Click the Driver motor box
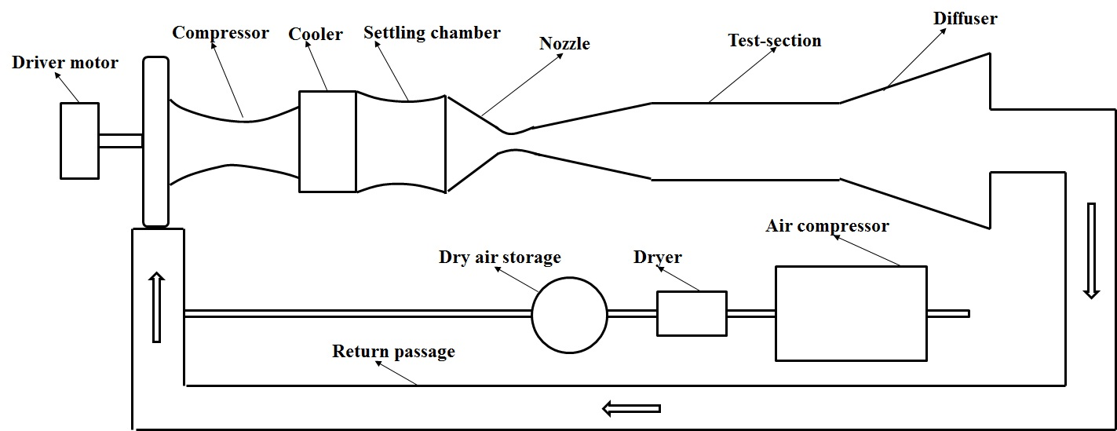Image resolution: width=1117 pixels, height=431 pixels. (79, 140)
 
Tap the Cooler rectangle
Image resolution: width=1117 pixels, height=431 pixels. (327, 141)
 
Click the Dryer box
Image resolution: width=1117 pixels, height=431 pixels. (691, 313)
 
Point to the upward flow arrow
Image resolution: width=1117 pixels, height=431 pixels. (156, 307)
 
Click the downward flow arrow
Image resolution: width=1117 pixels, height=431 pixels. (1091, 250)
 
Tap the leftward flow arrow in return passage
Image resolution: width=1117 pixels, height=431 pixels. (631, 408)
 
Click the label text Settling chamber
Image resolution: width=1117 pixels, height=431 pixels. (432, 33)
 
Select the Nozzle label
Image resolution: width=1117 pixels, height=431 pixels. (564, 43)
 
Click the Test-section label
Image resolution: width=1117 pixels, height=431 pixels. (774, 40)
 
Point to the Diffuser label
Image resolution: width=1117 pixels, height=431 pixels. (965, 18)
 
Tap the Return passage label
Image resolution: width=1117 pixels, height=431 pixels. (393, 351)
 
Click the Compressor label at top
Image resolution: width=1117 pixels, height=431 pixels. (221, 33)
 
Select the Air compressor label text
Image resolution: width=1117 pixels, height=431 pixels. (827, 226)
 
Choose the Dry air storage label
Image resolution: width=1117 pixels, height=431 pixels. (500, 258)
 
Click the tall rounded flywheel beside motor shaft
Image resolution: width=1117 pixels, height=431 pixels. (156, 141)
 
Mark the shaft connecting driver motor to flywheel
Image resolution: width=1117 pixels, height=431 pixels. (120, 141)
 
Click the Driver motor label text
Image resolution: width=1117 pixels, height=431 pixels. (65, 62)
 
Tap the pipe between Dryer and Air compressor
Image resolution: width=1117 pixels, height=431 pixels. (750, 313)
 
